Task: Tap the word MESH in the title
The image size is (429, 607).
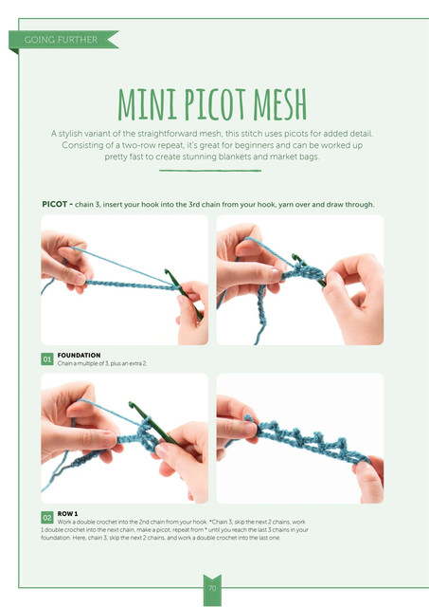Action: click(279, 104)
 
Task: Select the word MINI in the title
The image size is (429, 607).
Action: click(147, 104)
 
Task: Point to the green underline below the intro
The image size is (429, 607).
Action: click(210, 171)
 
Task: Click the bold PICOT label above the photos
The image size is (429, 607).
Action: click(55, 204)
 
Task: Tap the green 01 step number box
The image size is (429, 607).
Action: click(47, 359)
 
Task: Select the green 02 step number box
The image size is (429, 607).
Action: click(47, 518)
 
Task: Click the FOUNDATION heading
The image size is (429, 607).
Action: click(79, 355)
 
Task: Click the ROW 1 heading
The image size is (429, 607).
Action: click(67, 514)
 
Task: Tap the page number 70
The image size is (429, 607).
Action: click(212, 588)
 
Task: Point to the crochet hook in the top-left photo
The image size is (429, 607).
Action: click(183, 294)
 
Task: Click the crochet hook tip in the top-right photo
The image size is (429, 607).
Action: click(295, 256)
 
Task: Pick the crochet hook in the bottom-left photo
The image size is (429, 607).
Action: click(152, 423)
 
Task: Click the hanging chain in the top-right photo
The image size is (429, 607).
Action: click(261, 314)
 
